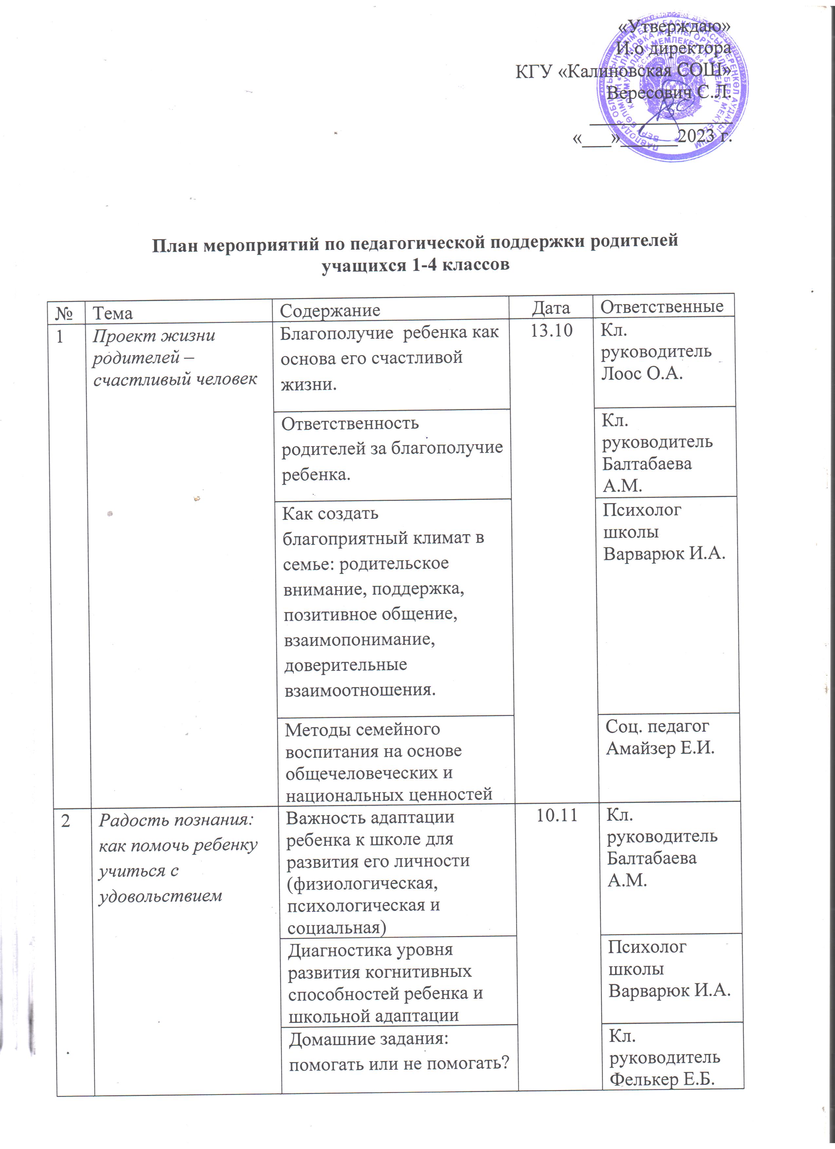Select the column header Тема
click(112, 313)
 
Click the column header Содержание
click(330, 311)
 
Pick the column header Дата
click(550, 308)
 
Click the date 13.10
click(551, 331)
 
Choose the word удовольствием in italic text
click(160, 895)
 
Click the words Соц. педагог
click(657, 726)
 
